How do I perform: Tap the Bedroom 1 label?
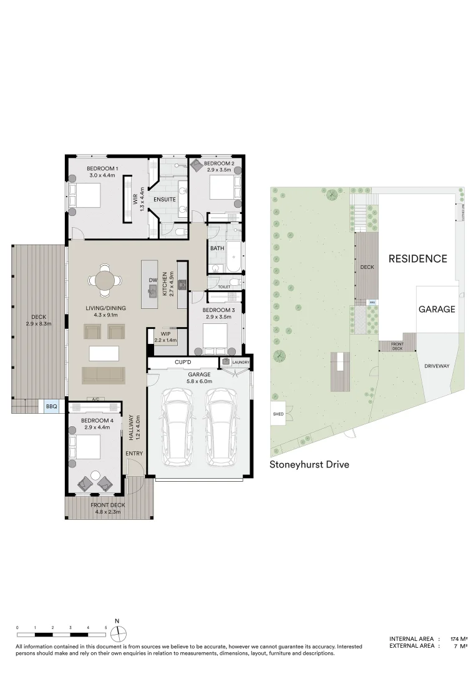[102, 169]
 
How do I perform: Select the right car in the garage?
[221, 426]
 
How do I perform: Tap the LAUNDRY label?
[240, 362]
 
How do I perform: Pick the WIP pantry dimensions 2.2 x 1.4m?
[165, 340]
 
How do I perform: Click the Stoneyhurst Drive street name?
[309, 464]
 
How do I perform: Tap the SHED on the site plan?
[278, 414]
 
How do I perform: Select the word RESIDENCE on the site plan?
[417, 258]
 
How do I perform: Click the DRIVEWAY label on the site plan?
[437, 366]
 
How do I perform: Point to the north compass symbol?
[117, 632]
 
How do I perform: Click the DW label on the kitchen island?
[152, 280]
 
